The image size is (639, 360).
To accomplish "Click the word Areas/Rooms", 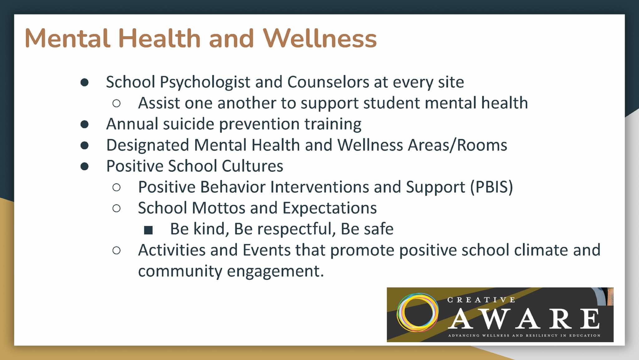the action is [458, 145].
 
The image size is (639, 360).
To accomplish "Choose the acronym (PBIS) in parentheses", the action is [491, 187].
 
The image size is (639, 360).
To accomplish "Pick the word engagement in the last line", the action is [276, 271].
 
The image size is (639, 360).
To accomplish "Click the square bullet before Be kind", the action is [148, 230].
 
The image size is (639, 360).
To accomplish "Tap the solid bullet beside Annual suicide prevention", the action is [85, 124].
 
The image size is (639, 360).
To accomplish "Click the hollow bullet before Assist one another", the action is [116, 103].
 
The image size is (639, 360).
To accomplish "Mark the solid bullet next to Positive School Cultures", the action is [85, 166].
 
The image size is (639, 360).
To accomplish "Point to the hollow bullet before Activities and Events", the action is [116, 250].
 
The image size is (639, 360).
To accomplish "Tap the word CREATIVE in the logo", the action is [481, 300].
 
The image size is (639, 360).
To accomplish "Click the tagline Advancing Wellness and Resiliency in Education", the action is [524, 336].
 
